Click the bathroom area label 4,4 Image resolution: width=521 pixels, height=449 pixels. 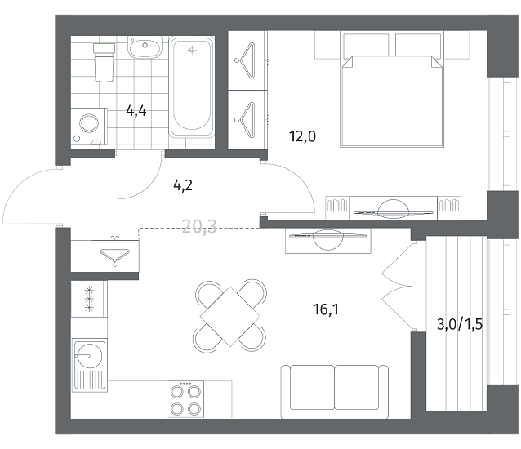(x=136, y=110)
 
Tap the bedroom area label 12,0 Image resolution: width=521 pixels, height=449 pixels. (x=302, y=136)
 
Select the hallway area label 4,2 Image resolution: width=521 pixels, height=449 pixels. (x=183, y=185)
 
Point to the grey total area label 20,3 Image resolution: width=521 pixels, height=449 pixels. (x=199, y=226)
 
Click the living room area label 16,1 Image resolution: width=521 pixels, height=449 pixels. (x=326, y=309)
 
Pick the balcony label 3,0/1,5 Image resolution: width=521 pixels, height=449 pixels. (x=460, y=324)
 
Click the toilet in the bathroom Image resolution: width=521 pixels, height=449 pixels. (x=105, y=62)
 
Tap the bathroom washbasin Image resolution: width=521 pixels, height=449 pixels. (x=145, y=48)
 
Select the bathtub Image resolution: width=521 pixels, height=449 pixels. (x=192, y=87)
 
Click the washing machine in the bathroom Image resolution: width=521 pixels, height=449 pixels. (x=89, y=127)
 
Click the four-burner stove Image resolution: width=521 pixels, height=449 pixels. (x=185, y=399)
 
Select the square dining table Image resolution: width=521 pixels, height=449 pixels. (x=230, y=317)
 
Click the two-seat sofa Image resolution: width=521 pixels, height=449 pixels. (x=335, y=392)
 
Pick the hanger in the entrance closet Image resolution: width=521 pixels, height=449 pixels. (x=115, y=256)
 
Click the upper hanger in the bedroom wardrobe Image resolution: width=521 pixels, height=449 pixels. (x=246, y=60)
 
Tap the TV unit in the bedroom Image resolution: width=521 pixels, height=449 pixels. (x=393, y=208)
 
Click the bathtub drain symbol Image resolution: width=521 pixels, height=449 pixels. (x=192, y=50)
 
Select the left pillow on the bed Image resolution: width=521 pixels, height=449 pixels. (x=366, y=45)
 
